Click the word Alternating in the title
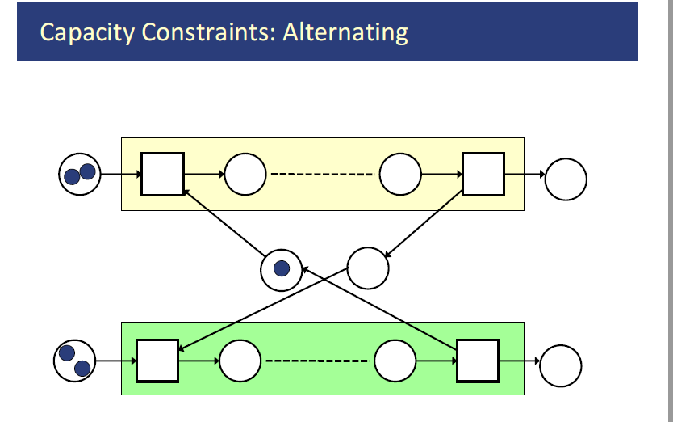345,33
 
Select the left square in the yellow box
162,174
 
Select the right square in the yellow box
483,174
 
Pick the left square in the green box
157,361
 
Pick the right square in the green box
479,361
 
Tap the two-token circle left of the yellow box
80,174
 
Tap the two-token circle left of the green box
75,361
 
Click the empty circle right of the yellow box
566,179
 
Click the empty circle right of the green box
561,366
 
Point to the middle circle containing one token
282,269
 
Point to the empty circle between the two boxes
368,266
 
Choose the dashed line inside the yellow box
322,175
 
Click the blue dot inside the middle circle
282,269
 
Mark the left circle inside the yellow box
245,175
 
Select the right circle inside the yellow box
400,175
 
